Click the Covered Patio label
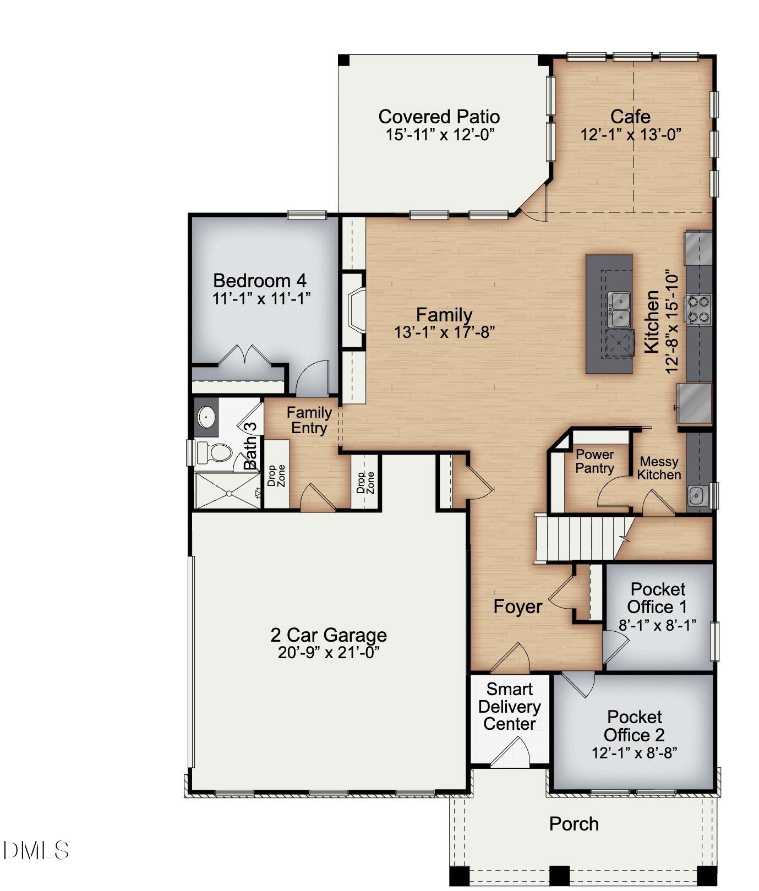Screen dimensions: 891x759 point(439,117)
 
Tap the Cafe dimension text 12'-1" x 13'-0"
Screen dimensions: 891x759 point(631,135)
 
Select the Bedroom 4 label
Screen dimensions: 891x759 point(259,281)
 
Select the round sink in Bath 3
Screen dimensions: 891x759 point(206,417)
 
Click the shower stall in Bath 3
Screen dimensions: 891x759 point(227,489)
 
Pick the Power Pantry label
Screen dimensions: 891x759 point(594,461)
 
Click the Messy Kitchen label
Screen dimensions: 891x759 point(659,468)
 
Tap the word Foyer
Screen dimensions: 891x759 point(517,606)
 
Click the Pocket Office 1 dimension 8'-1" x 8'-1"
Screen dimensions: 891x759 point(657,625)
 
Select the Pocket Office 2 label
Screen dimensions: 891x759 point(634,726)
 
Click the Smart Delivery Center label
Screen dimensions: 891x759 point(509,707)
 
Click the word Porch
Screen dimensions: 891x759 point(574,824)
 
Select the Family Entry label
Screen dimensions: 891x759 point(309,420)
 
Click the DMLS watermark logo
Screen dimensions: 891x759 point(36,850)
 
